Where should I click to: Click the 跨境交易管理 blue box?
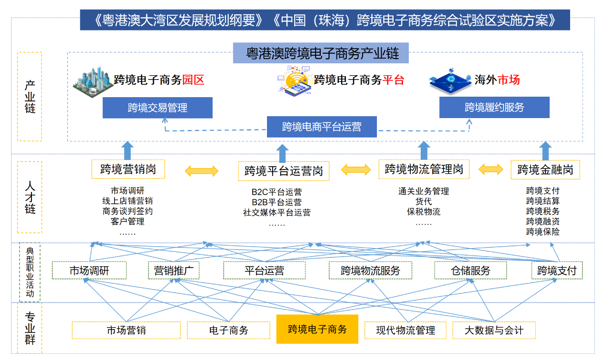(x=158, y=108)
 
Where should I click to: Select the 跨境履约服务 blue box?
(x=494, y=108)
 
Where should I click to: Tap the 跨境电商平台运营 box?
(x=322, y=127)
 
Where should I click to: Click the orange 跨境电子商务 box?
(x=317, y=329)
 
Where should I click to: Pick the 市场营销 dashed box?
(x=126, y=330)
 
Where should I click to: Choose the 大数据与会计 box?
(x=493, y=330)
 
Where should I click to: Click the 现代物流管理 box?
(x=405, y=330)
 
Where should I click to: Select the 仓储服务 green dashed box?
(x=470, y=271)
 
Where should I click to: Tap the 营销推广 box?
(x=173, y=271)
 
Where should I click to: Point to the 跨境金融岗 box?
(x=545, y=170)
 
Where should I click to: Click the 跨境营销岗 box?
(x=128, y=169)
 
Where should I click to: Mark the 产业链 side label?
(x=30, y=97)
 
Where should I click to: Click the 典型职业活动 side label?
(x=30, y=272)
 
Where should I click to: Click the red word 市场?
(x=508, y=80)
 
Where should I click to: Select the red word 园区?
(x=193, y=80)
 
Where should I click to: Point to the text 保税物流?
(x=423, y=212)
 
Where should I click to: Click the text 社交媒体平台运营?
(x=276, y=213)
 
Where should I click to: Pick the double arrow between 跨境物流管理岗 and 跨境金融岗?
(x=491, y=169)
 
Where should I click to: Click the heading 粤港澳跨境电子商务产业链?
(x=322, y=53)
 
